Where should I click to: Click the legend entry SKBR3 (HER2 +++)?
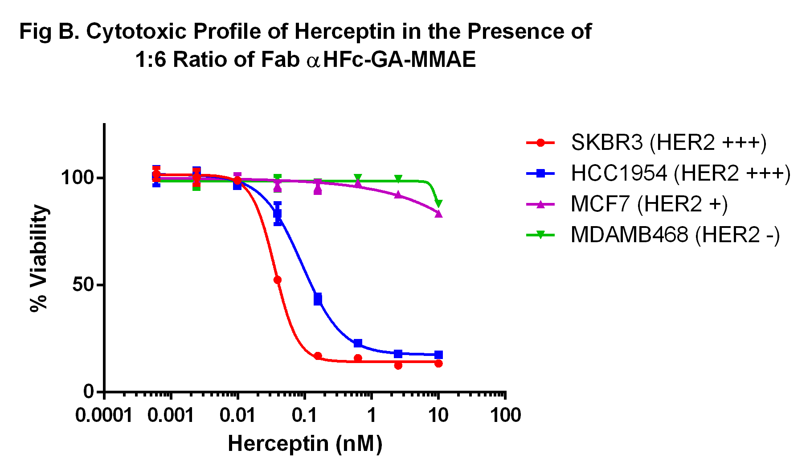668,143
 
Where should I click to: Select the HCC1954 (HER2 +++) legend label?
680,173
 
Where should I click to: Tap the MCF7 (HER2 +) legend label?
649,204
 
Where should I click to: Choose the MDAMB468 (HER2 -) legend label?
675,235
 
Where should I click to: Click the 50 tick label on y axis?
84,285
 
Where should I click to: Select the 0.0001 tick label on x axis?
104,416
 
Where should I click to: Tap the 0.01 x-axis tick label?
237,416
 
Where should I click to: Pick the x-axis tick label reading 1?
371,416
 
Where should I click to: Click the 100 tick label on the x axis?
505,416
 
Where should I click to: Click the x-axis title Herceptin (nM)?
305,444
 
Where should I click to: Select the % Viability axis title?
39,259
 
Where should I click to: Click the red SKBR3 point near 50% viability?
277,280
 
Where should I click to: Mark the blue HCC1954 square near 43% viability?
318,299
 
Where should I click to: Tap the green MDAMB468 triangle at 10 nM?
438,203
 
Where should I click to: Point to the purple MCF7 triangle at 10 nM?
438,214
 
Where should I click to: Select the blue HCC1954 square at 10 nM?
438,355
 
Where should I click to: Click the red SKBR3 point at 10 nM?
438,363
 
